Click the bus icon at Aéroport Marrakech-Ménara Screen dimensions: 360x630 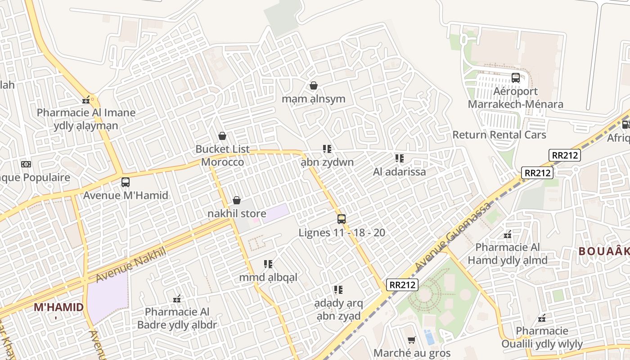516,78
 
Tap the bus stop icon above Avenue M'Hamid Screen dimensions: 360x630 126,182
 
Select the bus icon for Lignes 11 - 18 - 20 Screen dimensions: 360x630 342,219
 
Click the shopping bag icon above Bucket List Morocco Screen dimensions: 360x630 222,136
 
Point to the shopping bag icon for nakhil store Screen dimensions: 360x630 237,200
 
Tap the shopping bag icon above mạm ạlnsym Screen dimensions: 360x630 314,85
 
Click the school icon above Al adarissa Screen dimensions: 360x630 399,158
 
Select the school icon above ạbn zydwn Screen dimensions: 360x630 327,149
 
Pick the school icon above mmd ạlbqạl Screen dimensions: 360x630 268,264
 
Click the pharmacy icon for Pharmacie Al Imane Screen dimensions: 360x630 86,100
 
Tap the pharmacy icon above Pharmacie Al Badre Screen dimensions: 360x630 177,298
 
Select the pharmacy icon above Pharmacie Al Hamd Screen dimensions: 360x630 508,234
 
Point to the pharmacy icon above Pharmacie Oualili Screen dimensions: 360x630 542,318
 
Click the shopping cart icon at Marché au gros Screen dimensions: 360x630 411,340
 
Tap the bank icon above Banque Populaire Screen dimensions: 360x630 26,164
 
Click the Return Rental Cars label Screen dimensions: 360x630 499,135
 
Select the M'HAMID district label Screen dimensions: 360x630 58,307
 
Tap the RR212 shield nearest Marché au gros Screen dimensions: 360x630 402,284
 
